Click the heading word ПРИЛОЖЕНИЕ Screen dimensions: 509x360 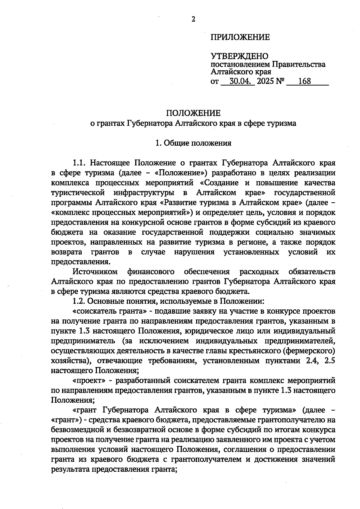coord(240,37)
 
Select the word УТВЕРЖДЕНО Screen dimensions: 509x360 coord(239,56)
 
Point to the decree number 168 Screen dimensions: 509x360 coord(304,81)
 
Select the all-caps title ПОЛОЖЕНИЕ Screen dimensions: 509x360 coord(193,113)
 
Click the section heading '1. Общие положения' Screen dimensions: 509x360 coord(193,143)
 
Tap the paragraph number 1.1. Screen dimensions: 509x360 coord(79,163)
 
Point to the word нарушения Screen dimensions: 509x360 coord(194,252)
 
